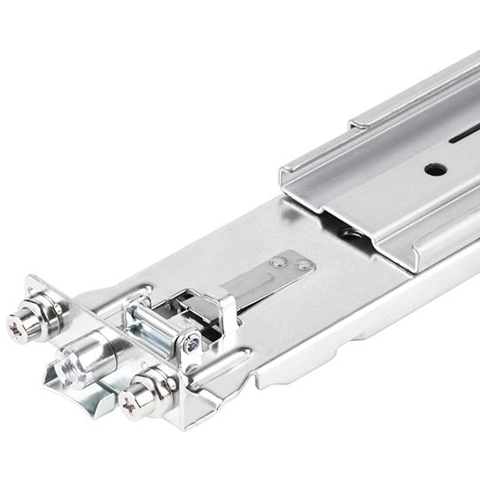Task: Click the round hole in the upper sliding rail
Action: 434,168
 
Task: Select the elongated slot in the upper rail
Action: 464,135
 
